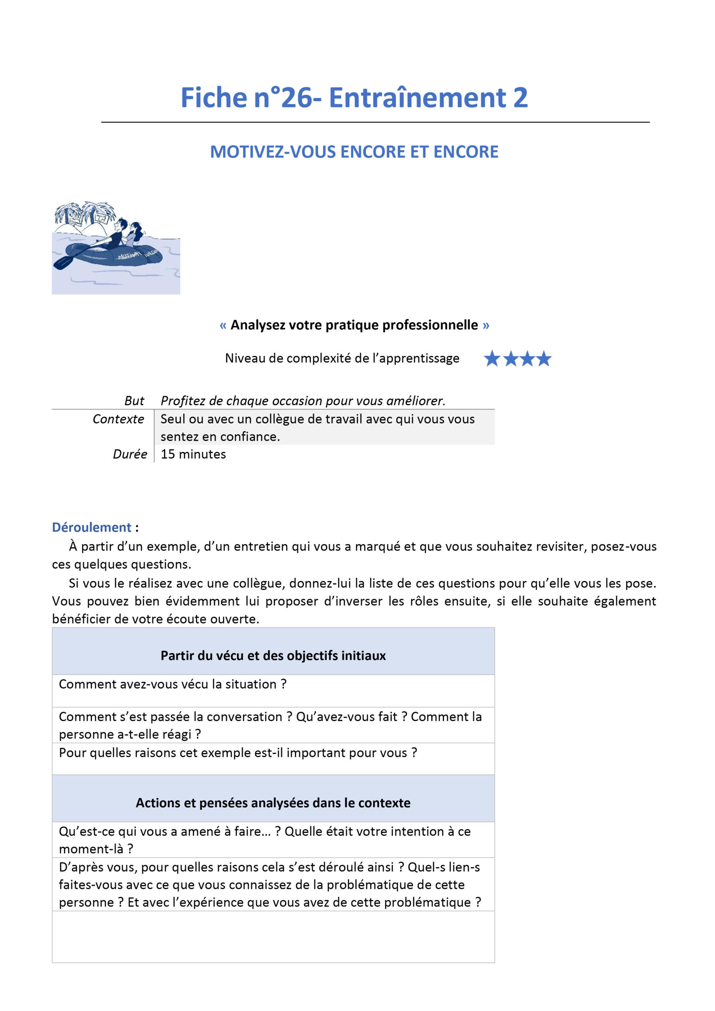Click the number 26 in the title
point(296,98)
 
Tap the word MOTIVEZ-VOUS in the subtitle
point(273,152)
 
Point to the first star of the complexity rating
point(492,359)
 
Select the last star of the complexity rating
point(544,359)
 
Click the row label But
point(134,401)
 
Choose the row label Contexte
point(118,419)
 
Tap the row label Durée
point(130,455)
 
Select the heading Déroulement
point(92,528)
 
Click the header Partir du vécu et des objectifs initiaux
point(273,656)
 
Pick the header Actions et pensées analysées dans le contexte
point(273,803)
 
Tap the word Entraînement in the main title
point(418,98)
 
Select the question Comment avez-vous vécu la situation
point(172,684)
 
